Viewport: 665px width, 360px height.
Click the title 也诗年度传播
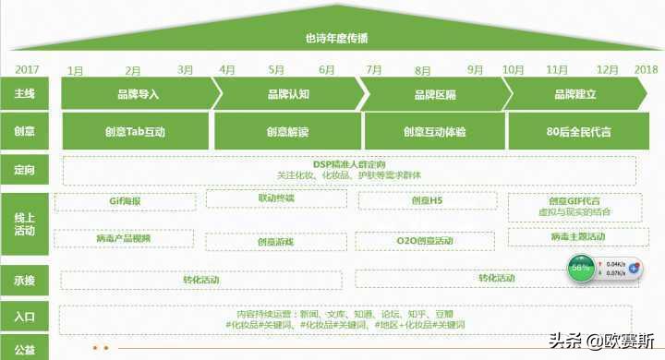(x=335, y=38)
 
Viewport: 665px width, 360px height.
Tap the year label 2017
(x=27, y=70)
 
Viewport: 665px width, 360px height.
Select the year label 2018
(x=646, y=70)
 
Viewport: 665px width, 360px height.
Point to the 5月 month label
(x=276, y=70)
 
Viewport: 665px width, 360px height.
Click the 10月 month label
(x=513, y=70)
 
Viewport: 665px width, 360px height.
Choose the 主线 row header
(x=26, y=94)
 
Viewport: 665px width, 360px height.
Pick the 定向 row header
(x=26, y=170)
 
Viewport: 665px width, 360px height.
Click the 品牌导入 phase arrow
(x=139, y=94)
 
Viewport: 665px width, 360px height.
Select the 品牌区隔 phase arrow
(x=434, y=94)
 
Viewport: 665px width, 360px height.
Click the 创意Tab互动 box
(x=135, y=132)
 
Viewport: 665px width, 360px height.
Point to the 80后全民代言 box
(x=578, y=132)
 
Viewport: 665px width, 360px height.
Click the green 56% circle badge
(x=581, y=269)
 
